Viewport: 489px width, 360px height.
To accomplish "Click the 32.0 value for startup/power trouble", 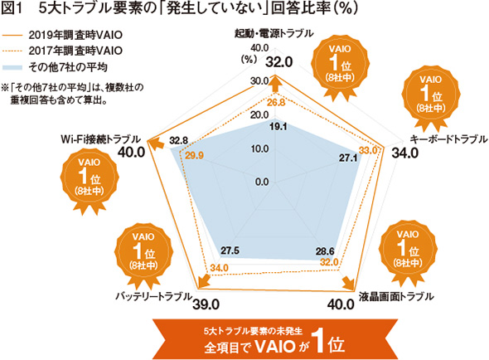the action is (x=279, y=62).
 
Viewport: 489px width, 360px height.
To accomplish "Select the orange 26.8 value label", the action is (x=276, y=102).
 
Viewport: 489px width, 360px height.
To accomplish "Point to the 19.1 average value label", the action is (x=278, y=127).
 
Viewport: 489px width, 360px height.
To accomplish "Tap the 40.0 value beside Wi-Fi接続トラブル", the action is (x=132, y=152).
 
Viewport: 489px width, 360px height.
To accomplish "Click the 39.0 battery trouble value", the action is (x=206, y=304).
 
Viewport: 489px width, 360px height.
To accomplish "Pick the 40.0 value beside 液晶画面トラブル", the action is (x=341, y=304).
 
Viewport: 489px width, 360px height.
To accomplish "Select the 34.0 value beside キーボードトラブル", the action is (x=404, y=153).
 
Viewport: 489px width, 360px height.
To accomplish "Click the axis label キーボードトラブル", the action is (x=448, y=139).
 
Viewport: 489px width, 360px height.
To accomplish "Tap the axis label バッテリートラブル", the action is (x=153, y=296).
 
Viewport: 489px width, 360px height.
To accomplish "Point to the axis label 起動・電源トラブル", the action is (x=274, y=33).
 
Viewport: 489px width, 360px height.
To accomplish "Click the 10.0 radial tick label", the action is (x=260, y=148).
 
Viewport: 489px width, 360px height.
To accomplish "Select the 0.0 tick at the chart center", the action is (x=262, y=182).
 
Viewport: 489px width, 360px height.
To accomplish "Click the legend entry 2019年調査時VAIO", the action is (x=62, y=35).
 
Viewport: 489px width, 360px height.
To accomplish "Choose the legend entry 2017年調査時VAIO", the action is (x=62, y=51).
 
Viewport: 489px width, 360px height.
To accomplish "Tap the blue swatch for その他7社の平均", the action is (x=12, y=67).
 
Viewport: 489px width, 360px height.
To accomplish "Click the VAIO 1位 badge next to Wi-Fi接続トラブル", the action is (x=90, y=181).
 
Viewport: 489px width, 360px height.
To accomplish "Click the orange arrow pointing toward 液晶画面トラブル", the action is (x=349, y=284).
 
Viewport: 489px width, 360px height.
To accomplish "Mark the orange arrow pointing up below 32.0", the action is (x=275, y=84).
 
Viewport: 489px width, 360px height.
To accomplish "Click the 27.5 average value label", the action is (x=230, y=251).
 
